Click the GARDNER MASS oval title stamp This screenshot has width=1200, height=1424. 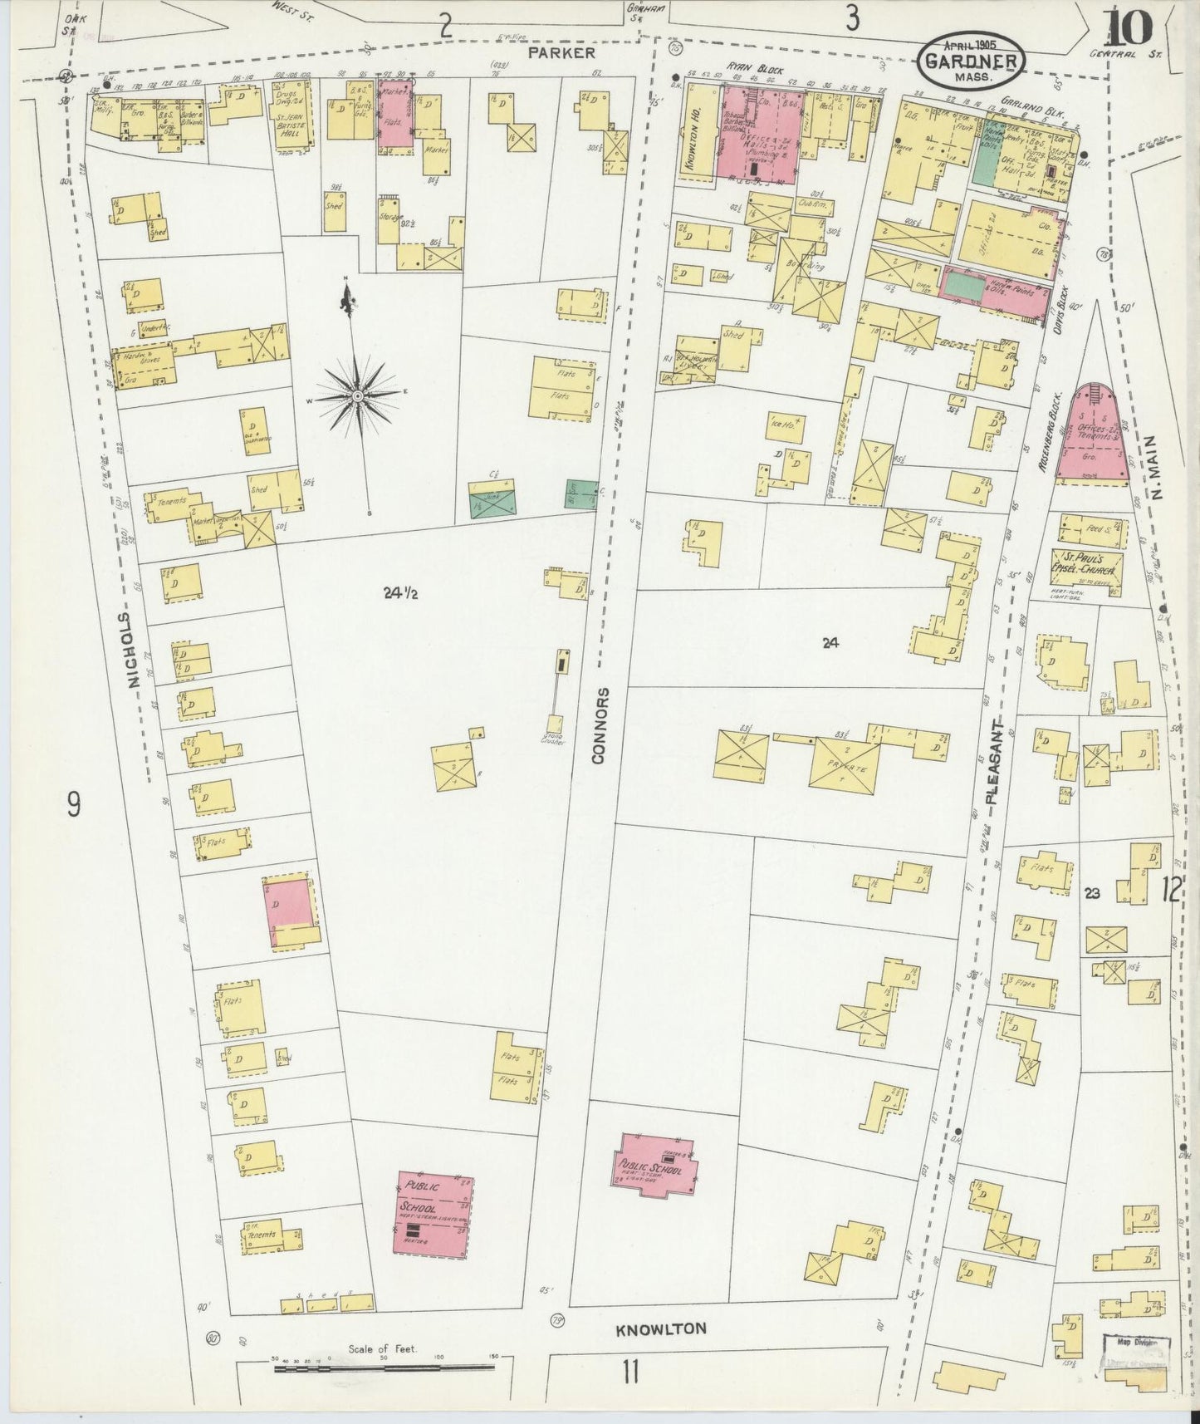[x=971, y=62]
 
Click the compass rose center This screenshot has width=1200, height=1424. [x=357, y=397]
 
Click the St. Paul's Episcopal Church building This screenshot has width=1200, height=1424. [x=1088, y=569]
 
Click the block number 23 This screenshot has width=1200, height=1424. [x=1092, y=893]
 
